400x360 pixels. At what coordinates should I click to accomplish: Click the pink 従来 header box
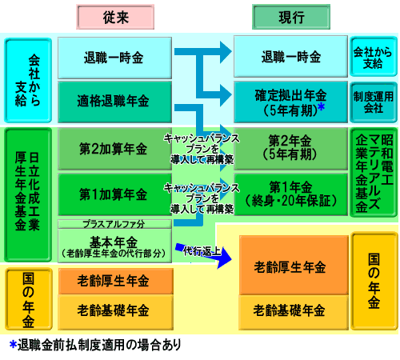point(115,17)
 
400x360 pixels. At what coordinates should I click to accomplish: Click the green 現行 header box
point(291,17)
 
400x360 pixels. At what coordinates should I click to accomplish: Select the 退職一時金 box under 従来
point(114,58)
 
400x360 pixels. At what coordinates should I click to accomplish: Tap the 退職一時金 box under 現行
point(291,57)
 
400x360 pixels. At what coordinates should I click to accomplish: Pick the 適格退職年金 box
point(114,102)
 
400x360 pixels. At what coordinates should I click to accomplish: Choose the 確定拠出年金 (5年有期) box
point(291,102)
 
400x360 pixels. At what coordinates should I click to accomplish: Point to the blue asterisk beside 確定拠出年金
point(322,107)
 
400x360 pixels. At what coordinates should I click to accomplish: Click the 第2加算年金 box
point(114,149)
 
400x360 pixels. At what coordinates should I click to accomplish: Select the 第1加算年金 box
point(114,194)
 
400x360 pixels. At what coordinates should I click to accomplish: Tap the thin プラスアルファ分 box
point(114,224)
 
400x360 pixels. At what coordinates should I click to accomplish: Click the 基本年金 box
point(114,246)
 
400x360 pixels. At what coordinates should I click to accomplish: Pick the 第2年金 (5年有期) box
point(291,149)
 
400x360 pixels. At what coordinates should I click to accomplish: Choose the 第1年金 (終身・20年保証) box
point(291,194)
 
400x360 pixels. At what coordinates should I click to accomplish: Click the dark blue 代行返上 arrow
point(203,254)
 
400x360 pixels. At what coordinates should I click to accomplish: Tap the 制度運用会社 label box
point(374,102)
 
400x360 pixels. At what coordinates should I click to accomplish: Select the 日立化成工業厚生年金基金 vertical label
point(28,194)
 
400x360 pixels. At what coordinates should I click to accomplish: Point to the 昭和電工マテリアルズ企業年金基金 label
point(374,173)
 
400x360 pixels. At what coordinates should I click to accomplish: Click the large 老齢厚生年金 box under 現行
point(294,266)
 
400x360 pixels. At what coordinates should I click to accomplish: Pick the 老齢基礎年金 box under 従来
point(116,312)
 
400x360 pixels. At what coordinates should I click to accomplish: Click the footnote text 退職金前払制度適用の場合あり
point(99,345)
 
